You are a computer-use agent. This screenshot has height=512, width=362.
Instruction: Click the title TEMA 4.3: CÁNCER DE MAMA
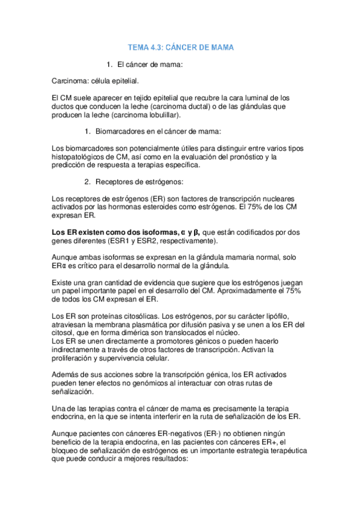point(181,46)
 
